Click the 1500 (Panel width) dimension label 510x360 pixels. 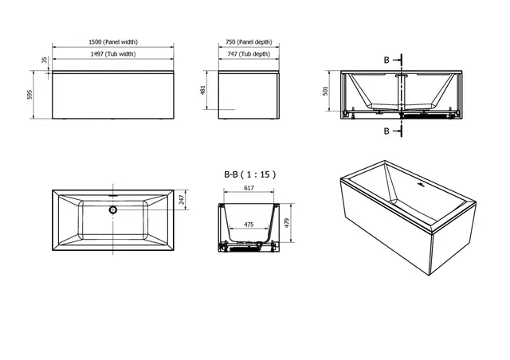point(112,42)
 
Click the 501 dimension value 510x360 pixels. point(325,91)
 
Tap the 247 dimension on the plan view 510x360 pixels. point(182,200)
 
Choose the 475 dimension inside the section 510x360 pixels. point(248,225)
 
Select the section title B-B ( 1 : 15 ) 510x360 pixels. point(250,173)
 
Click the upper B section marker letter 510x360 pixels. point(387,59)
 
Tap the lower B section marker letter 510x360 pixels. point(387,130)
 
